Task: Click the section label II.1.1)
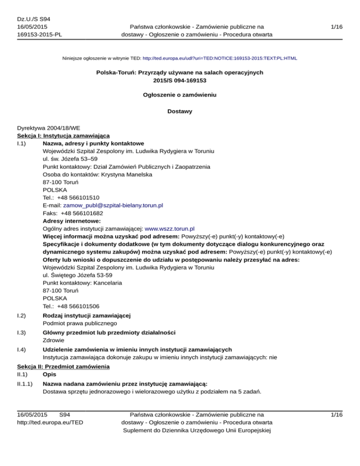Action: coord(25,383)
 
